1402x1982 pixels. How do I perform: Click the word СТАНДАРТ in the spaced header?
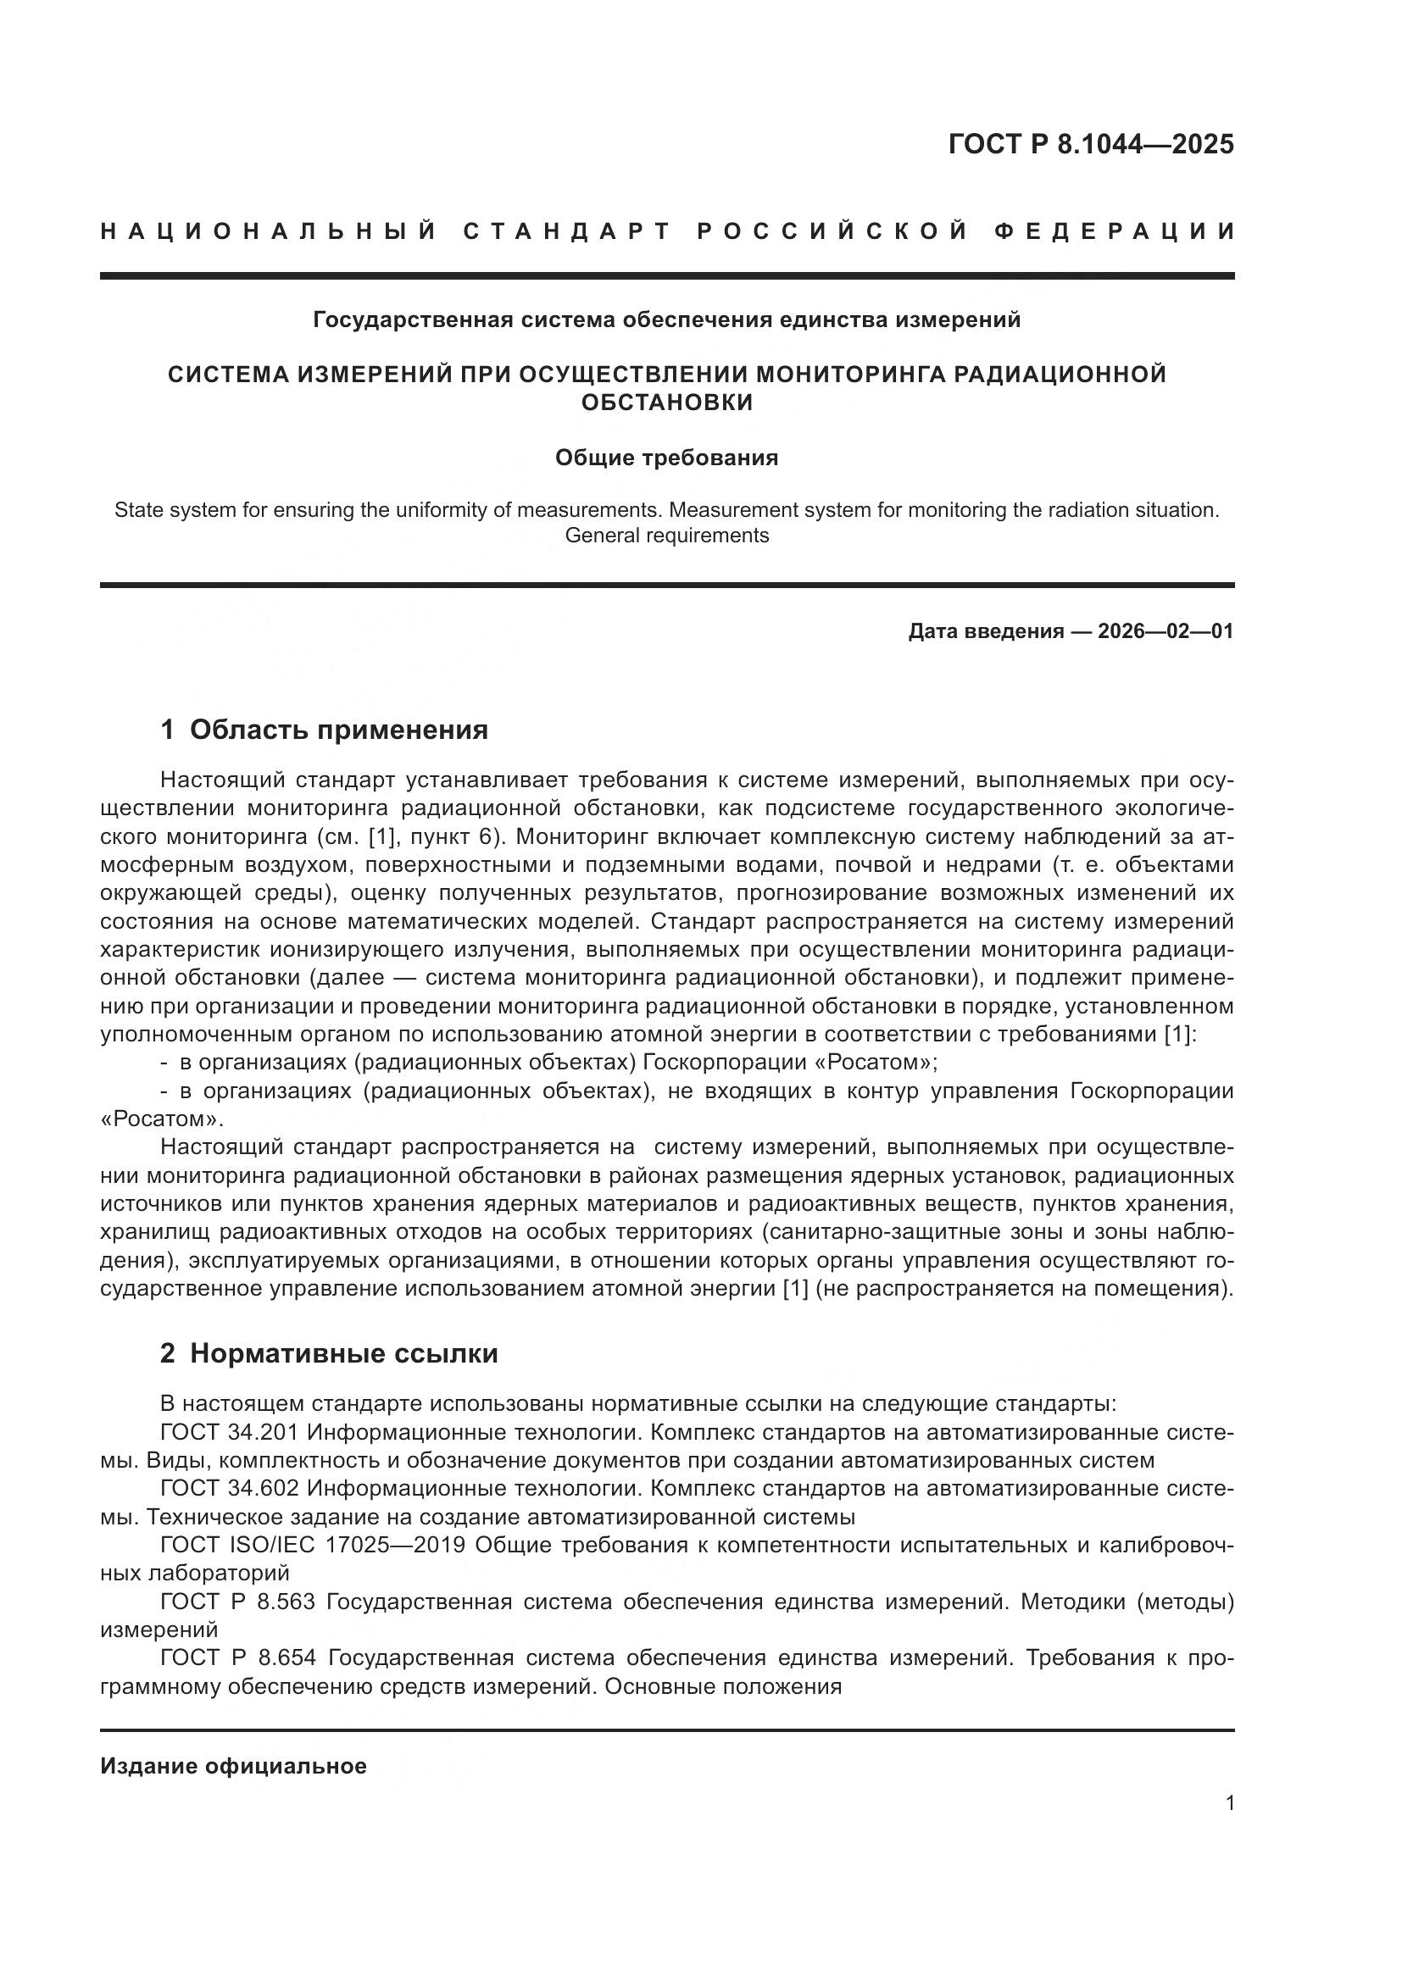point(567,231)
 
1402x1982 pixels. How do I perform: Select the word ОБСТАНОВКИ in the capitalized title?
point(666,403)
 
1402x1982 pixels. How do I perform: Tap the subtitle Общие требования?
point(666,458)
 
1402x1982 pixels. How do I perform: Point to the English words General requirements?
point(666,536)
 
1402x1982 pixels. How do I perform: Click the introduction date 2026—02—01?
point(1165,631)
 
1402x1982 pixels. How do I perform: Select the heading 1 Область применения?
point(324,730)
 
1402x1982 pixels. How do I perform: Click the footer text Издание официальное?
point(233,1766)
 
